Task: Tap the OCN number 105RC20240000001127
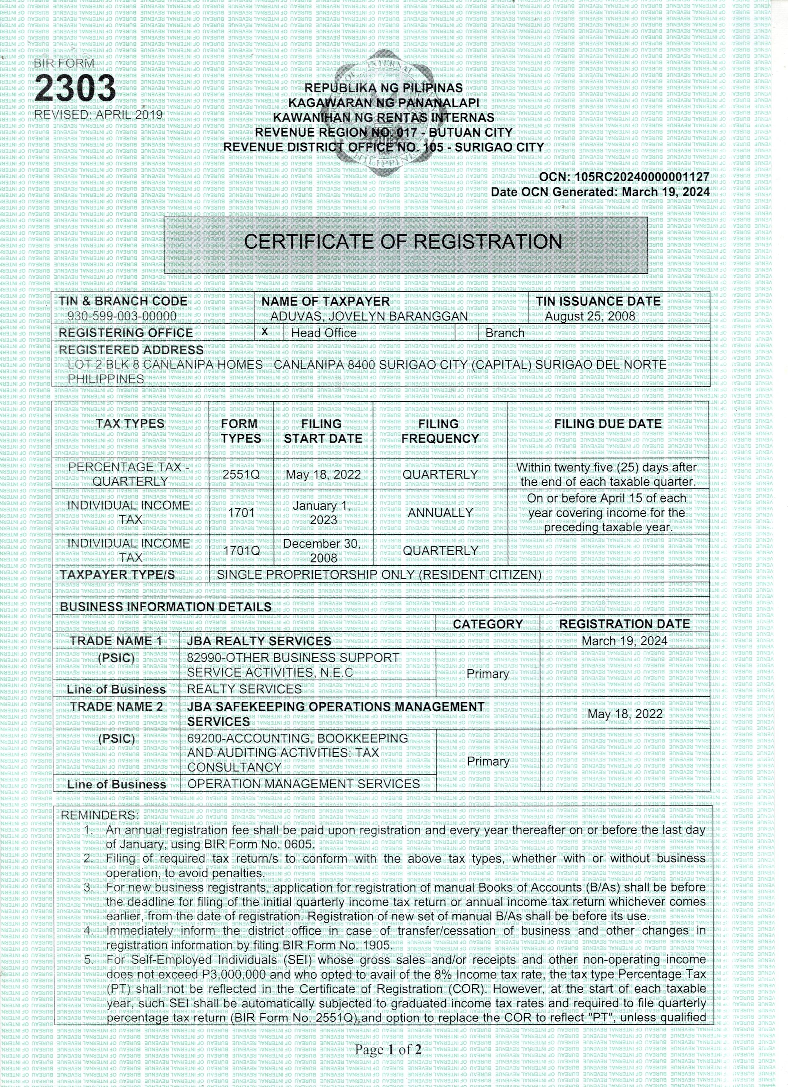(x=642, y=177)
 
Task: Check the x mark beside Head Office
(x=265, y=332)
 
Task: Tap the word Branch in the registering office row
(x=505, y=333)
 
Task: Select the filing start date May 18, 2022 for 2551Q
(x=323, y=474)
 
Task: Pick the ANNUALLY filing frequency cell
(x=440, y=512)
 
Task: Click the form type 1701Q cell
(x=241, y=551)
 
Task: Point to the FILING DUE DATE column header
(x=608, y=424)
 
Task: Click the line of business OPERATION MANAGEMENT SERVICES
(x=303, y=784)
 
